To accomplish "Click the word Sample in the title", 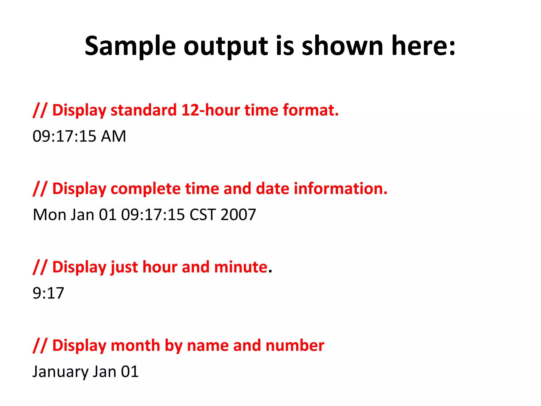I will (130, 47).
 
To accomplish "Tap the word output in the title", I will (226, 47).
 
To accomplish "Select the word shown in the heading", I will (342, 47).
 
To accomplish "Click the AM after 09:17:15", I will (113, 136).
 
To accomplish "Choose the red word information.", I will (341, 189).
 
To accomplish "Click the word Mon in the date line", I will (49, 215).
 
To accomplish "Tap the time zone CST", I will (203, 215).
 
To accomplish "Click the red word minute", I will (241, 267).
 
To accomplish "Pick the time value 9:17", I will (48, 293).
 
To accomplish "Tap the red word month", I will (136, 345).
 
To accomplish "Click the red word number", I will (295, 345).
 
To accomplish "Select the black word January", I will (60, 372).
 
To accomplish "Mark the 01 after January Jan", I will (130, 372).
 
